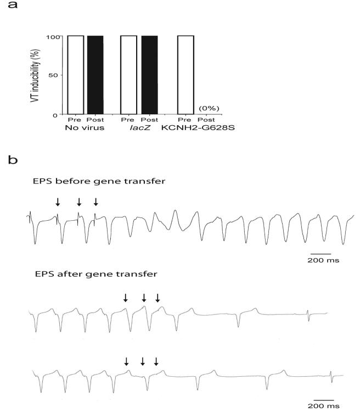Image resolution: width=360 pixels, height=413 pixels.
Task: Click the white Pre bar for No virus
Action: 75,75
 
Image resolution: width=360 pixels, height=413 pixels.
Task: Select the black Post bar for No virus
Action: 95,75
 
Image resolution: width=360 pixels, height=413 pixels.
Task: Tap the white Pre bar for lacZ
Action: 128,75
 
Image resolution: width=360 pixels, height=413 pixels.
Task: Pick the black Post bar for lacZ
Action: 149,75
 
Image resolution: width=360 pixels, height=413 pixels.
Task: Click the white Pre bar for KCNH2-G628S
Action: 186,75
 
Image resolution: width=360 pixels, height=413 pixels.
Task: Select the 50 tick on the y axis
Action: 58,75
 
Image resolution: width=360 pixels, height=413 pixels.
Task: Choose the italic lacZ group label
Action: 139,129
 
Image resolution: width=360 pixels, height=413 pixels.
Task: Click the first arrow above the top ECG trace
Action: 58,203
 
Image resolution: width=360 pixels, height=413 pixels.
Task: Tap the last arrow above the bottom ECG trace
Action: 156,361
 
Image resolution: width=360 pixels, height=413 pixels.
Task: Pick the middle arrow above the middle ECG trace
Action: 144,298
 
